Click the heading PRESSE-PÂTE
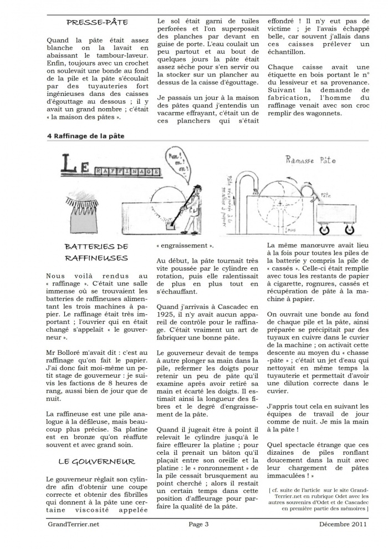coord(97,23)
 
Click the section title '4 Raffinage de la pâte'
coord(86,136)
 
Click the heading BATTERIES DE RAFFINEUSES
coord(96,252)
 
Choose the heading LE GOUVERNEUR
coord(96,461)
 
